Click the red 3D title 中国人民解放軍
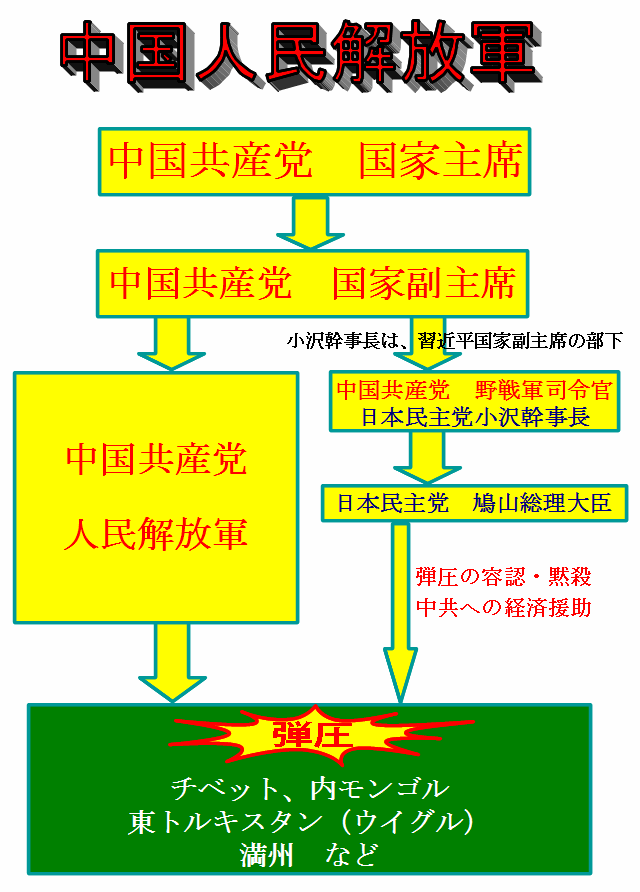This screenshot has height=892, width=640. [x=300, y=55]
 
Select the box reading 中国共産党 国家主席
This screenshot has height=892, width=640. [x=315, y=162]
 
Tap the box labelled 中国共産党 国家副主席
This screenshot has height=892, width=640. [x=312, y=283]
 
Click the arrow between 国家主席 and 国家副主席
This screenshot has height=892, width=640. [x=311, y=222]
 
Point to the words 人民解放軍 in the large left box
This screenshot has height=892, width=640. [x=156, y=534]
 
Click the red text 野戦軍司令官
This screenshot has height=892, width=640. [x=543, y=390]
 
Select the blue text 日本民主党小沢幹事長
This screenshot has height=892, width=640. [x=475, y=417]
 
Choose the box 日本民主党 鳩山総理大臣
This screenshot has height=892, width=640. [x=474, y=503]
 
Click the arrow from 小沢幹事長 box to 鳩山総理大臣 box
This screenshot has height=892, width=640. [x=427, y=457]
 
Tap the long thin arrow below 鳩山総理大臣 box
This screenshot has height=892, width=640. [x=400, y=613]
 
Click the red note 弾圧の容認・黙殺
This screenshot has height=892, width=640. [x=503, y=577]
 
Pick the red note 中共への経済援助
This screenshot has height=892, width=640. [x=503, y=608]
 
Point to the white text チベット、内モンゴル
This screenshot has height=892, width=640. [x=311, y=788]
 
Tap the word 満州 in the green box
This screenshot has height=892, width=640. [x=267, y=855]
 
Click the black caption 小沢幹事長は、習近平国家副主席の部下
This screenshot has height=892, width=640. [x=454, y=341]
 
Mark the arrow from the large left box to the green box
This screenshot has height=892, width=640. [x=172, y=663]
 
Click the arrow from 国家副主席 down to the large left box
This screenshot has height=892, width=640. [x=171, y=344]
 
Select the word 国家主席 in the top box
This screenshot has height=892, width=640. [x=440, y=162]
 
